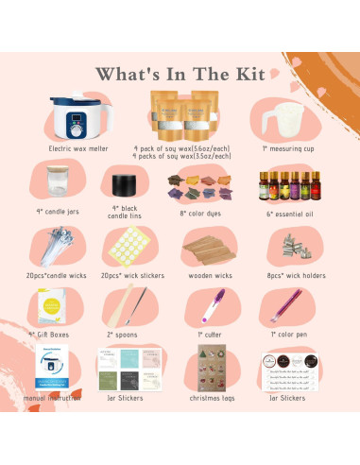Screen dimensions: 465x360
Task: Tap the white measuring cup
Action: (x=283, y=122)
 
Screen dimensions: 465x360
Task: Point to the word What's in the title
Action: (x=128, y=74)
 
